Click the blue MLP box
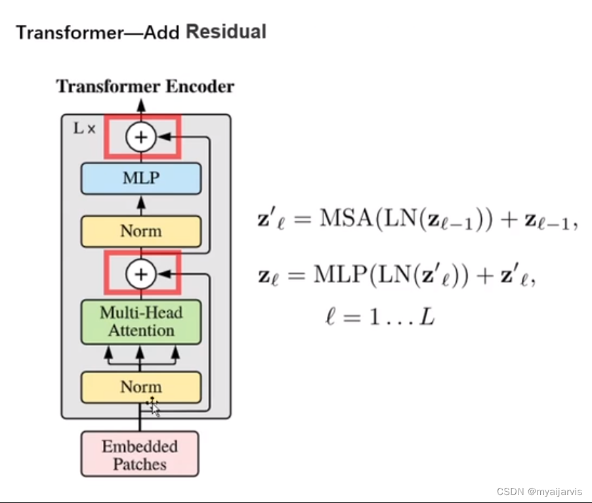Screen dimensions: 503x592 click(140, 178)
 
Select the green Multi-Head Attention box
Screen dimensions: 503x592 click(140, 321)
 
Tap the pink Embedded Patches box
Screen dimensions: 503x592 click(140, 454)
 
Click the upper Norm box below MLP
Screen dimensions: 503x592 click(140, 231)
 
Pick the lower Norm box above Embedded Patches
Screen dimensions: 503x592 click(140, 387)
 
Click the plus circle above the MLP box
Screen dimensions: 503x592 click(141, 137)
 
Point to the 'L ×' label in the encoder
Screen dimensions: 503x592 click(83, 129)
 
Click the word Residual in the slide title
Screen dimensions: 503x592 click(226, 32)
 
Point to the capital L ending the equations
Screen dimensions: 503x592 click(427, 319)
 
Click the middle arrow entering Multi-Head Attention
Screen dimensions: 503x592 click(140, 353)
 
